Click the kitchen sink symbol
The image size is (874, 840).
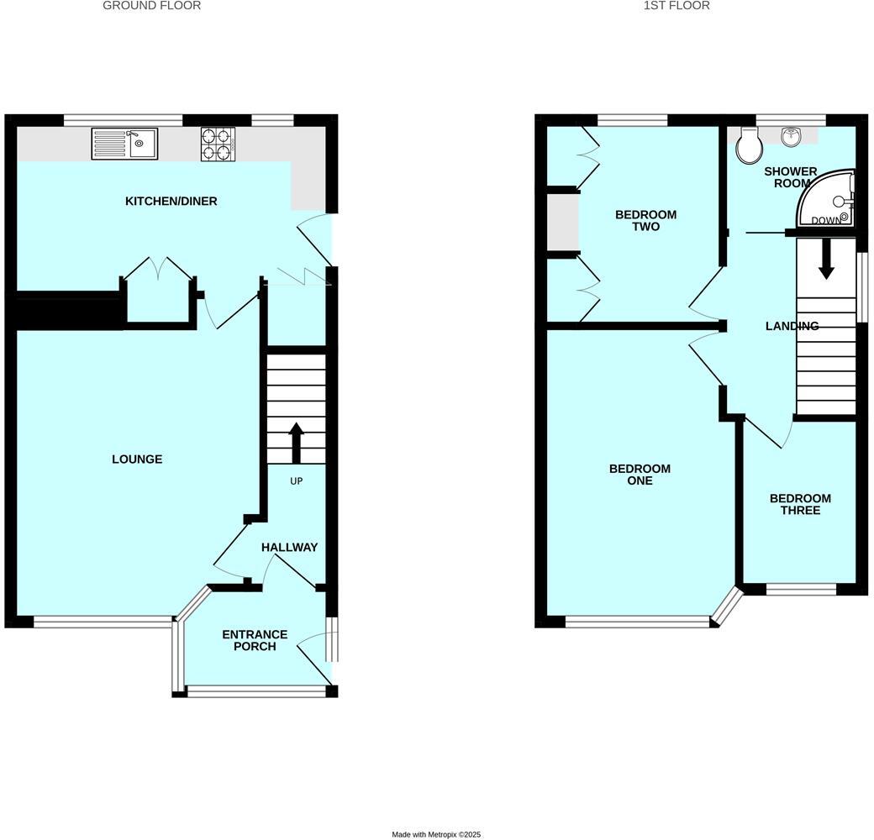124,144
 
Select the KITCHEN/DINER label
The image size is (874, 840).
171,202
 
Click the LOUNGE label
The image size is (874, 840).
137,459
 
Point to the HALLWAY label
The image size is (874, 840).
289,548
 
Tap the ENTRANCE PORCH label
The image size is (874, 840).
255,640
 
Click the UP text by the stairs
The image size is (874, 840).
296,481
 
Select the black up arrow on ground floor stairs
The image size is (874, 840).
296,443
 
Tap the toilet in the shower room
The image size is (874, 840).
748,146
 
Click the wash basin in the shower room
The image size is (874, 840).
791,135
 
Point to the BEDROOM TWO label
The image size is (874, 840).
645,221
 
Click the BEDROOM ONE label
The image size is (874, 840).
640,475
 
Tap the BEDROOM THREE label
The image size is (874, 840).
800,504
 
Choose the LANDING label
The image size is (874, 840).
792,326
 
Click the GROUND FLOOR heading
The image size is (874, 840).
151,6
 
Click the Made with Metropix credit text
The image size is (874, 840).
436,834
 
